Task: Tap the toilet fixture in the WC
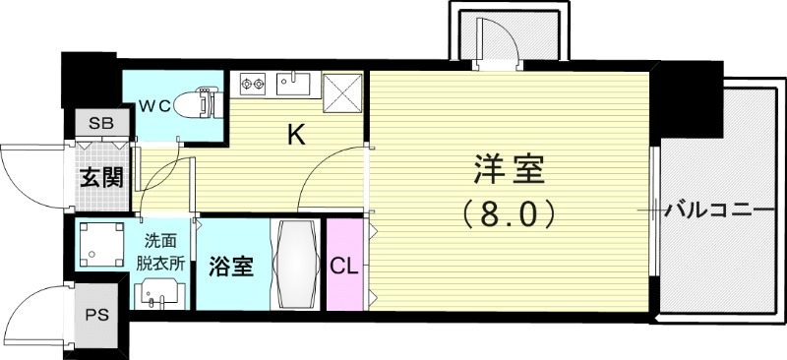click(205, 103)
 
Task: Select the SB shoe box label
click(100, 124)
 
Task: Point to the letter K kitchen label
click(295, 135)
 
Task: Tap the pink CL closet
click(344, 265)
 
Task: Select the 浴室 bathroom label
click(232, 267)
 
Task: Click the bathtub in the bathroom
click(295, 264)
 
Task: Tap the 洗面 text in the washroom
click(159, 240)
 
